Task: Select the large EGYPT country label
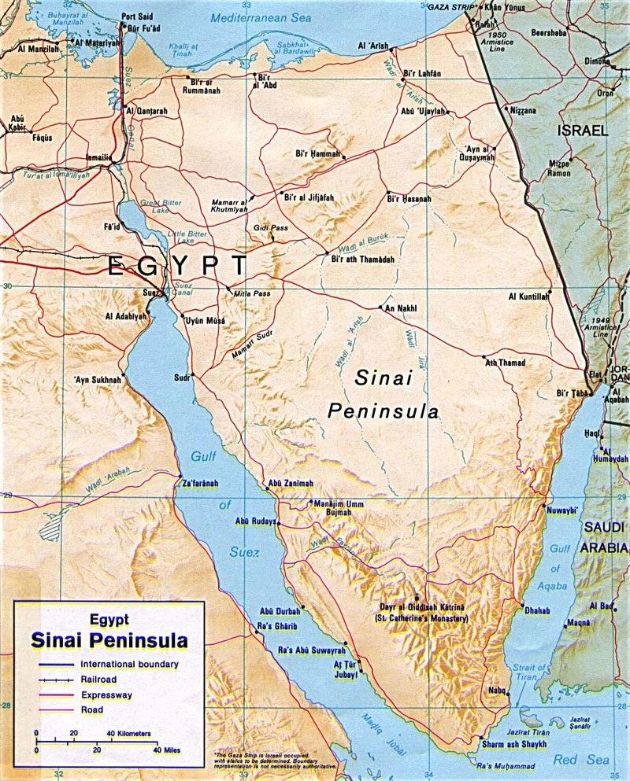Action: [177, 266]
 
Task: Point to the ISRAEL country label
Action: [584, 131]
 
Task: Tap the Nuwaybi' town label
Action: [562, 510]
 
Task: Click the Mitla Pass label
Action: [251, 293]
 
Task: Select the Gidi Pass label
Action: [267, 227]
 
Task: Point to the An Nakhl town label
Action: [399, 308]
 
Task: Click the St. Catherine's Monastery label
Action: [421, 619]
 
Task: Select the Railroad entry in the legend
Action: [98, 680]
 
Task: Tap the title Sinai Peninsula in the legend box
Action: [109, 640]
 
